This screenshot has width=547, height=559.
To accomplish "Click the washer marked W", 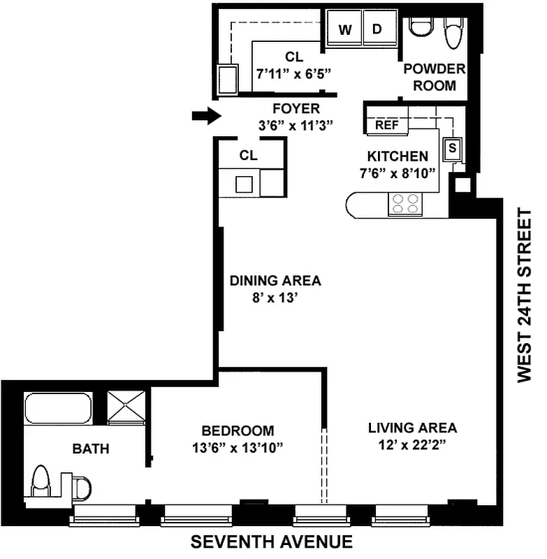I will [x=344, y=29].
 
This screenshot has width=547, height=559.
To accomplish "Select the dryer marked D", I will [x=377, y=29].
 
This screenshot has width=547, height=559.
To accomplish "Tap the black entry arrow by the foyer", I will [x=205, y=116].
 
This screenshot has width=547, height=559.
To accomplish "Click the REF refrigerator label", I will [x=386, y=125].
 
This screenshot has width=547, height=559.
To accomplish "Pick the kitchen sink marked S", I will [x=453, y=148].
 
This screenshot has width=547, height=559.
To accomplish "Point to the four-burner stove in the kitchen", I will [x=406, y=203].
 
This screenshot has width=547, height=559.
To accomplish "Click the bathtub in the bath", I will [x=58, y=409].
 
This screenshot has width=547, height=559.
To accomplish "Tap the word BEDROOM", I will [x=238, y=431].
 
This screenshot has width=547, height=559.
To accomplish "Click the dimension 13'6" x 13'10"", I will [x=238, y=447].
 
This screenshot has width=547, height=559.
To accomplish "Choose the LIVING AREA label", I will [x=412, y=428].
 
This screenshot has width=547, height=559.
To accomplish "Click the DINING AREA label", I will [x=275, y=281].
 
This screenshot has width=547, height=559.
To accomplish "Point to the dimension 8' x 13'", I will [x=275, y=296].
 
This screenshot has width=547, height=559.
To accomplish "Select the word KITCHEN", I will [x=398, y=157].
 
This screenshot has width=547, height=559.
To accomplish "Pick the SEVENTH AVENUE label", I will [x=272, y=542].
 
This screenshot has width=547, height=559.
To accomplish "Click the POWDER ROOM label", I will [x=435, y=78].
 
